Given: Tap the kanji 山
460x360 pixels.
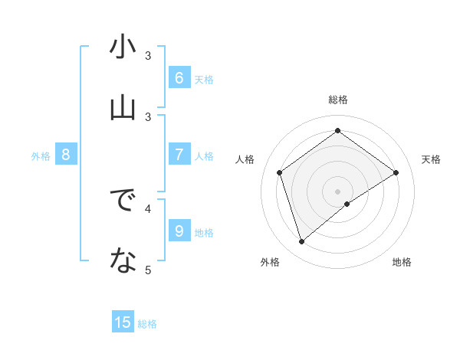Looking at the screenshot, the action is tap(123, 108).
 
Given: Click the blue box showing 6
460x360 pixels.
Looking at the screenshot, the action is tap(179, 77).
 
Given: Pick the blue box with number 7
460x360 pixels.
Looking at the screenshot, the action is tap(179, 154).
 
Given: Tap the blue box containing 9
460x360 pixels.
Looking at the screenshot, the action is tap(179, 230).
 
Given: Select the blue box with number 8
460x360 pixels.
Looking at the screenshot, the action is tap(66, 155).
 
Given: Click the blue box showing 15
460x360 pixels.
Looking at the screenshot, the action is tap(123, 322).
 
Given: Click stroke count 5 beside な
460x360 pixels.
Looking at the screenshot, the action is tap(149, 270).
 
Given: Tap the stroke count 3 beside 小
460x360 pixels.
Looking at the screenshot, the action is tap(149, 55).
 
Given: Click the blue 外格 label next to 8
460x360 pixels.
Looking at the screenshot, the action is tap(41, 155).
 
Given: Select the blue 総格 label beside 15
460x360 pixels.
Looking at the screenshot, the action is tap(147, 324).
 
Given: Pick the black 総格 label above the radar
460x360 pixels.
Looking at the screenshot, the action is tap(337, 100).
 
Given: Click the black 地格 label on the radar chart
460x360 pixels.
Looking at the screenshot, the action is tap(402, 263).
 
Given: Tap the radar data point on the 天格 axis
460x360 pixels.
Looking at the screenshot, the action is tap(396, 172).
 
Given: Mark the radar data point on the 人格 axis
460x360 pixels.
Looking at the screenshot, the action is tap(280, 172).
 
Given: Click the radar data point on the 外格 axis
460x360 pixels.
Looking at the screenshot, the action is tap(301, 242).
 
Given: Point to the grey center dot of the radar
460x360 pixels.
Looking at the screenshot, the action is tap(337, 191).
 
